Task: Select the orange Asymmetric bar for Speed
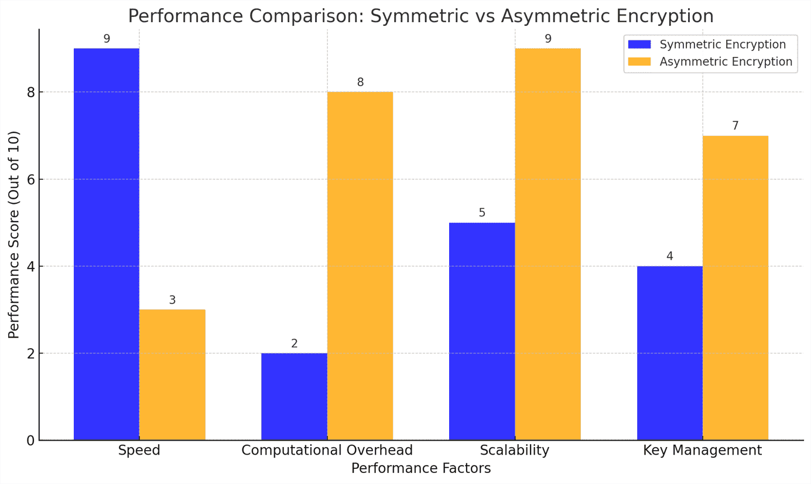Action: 172,374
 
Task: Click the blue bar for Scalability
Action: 482,331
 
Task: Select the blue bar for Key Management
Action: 669,353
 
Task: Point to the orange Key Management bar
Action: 735,288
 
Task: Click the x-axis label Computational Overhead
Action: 327,450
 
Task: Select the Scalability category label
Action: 515,450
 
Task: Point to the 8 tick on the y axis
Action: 30,92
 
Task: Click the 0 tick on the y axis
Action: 30,440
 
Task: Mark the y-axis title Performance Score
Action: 14,234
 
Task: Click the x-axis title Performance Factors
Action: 421,468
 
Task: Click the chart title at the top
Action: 421,16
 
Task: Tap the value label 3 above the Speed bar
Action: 172,300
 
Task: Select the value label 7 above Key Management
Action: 735,126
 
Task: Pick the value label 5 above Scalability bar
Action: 482,213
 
